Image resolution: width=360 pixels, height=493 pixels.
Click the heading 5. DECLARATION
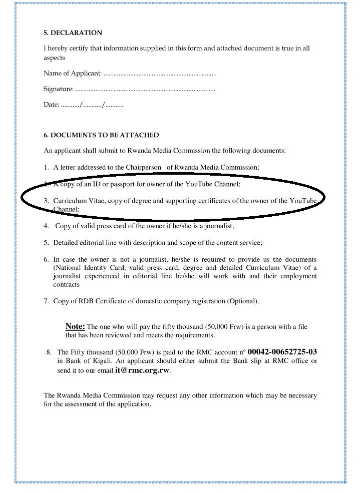coord(73,33)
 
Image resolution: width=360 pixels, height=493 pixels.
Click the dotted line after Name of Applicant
coord(160,74)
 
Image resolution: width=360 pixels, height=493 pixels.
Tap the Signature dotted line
coord(145,90)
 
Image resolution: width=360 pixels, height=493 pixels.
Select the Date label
coord(51,105)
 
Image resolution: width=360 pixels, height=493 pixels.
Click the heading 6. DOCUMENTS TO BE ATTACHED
coord(101,135)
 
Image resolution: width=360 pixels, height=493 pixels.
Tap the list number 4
coord(46,226)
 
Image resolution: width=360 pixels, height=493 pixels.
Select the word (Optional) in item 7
coord(243,301)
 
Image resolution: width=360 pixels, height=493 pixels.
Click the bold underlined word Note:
coord(75,327)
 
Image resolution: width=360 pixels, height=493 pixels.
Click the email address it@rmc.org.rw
coord(142,371)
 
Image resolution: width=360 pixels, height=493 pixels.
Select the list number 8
coord(49,352)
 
